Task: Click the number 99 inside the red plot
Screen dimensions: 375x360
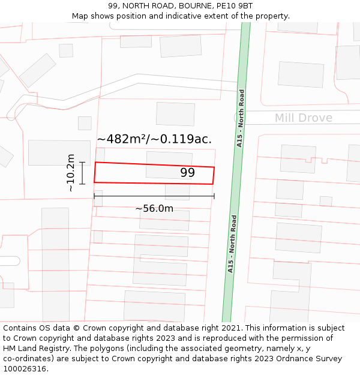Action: tap(187, 173)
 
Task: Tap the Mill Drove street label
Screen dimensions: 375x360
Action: tap(303, 118)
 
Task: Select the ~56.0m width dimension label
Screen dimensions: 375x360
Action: tap(154, 208)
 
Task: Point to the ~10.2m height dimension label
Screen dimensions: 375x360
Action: tap(71, 173)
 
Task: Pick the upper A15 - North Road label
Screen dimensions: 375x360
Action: tap(241, 118)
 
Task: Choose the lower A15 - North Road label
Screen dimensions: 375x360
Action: tap(231, 244)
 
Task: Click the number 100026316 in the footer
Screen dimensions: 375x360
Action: tap(25, 368)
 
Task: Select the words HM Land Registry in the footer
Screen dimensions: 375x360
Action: tap(31, 348)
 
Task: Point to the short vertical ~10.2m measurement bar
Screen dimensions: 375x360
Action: tap(82, 173)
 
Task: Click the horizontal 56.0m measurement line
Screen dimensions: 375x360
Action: tap(154, 196)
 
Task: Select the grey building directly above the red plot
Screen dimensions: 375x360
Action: tap(175, 114)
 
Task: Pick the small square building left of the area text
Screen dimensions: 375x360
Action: tap(85, 123)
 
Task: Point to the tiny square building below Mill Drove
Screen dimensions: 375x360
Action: tap(326, 201)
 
